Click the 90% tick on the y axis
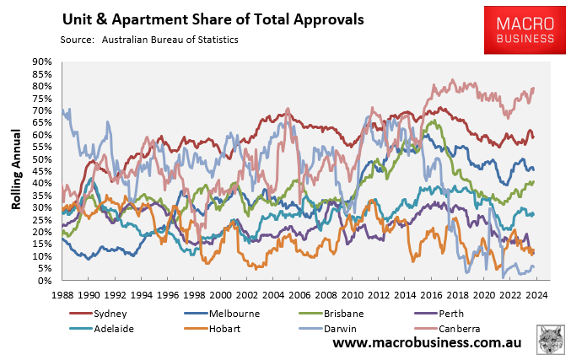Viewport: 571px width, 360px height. [42, 62]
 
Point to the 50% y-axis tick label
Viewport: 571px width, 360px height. [42, 159]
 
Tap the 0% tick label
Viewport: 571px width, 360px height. [45, 281]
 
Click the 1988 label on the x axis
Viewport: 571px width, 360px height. [62, 295]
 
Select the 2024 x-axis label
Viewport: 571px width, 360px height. [537, 295]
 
